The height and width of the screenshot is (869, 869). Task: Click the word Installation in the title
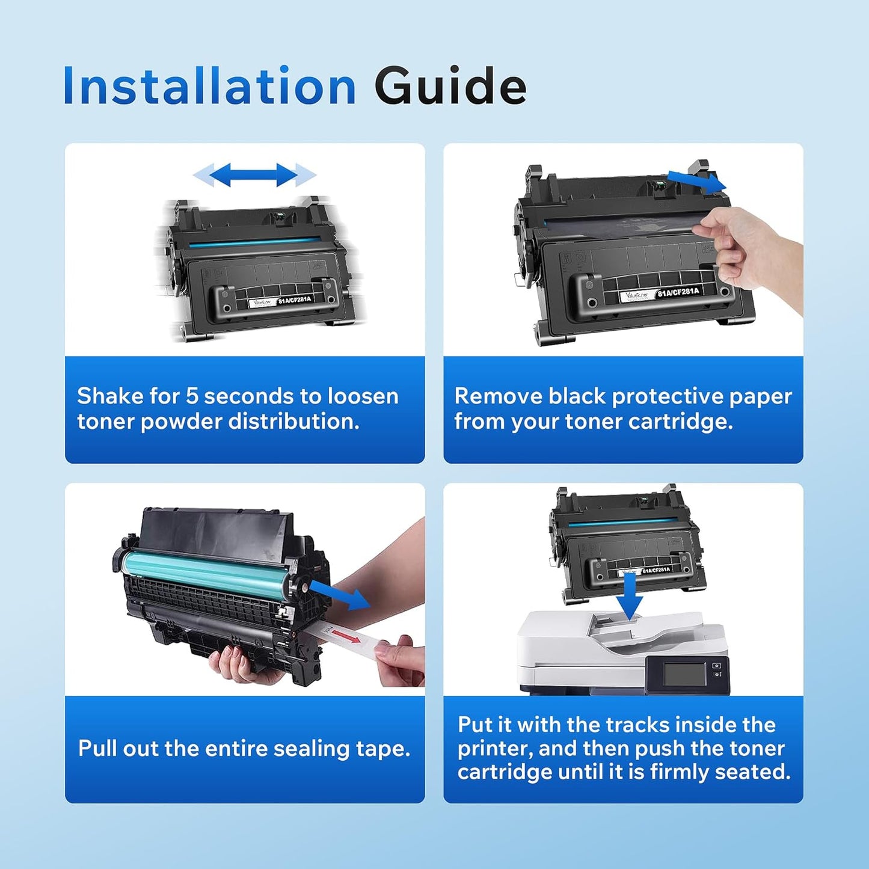coord(209,87)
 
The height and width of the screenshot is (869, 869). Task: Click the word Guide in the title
coord(450,87)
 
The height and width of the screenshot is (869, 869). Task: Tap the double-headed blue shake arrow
coord(254,175)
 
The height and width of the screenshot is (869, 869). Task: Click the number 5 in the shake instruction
coord(191,396)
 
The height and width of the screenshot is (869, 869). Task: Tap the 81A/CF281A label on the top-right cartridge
coord(678,293)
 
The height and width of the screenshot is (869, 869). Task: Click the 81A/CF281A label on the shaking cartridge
coord(295,299)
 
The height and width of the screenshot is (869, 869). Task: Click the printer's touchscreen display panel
coord(684,674)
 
